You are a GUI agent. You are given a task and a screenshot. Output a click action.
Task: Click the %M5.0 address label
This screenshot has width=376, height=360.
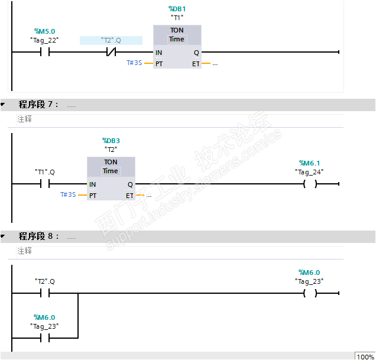44,31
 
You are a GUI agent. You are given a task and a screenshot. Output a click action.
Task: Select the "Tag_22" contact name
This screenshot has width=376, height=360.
44,40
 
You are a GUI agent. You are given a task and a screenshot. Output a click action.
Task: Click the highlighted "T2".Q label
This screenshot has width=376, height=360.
111,40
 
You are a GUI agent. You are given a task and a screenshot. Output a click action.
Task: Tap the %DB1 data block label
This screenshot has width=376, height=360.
177,9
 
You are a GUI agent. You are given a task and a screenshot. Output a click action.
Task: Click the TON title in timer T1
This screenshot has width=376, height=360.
177,30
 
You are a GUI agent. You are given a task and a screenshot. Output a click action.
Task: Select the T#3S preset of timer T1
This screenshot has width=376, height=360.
134,63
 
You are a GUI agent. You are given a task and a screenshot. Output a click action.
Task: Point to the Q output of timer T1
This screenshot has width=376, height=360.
196,53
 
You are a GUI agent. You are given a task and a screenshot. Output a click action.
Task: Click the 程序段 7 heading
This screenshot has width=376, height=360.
38,105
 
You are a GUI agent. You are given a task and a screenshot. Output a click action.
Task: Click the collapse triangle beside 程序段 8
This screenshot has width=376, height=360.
3,236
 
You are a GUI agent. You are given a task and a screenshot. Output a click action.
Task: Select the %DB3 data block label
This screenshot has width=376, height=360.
111,141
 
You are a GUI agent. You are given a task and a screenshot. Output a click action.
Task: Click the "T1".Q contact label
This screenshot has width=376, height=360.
44,172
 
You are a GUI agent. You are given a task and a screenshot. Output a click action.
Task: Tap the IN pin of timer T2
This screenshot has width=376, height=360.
92,184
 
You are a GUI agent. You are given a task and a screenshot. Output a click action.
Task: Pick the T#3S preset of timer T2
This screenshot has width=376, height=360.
68,194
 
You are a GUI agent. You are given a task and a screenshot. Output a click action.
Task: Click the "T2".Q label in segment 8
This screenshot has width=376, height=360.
44,281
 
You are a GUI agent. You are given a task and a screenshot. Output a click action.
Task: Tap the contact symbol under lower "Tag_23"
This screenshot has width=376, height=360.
44,338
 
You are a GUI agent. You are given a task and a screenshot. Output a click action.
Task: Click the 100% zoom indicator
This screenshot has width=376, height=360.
365,356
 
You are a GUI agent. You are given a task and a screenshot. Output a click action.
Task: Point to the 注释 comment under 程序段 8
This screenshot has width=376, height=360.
24,251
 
